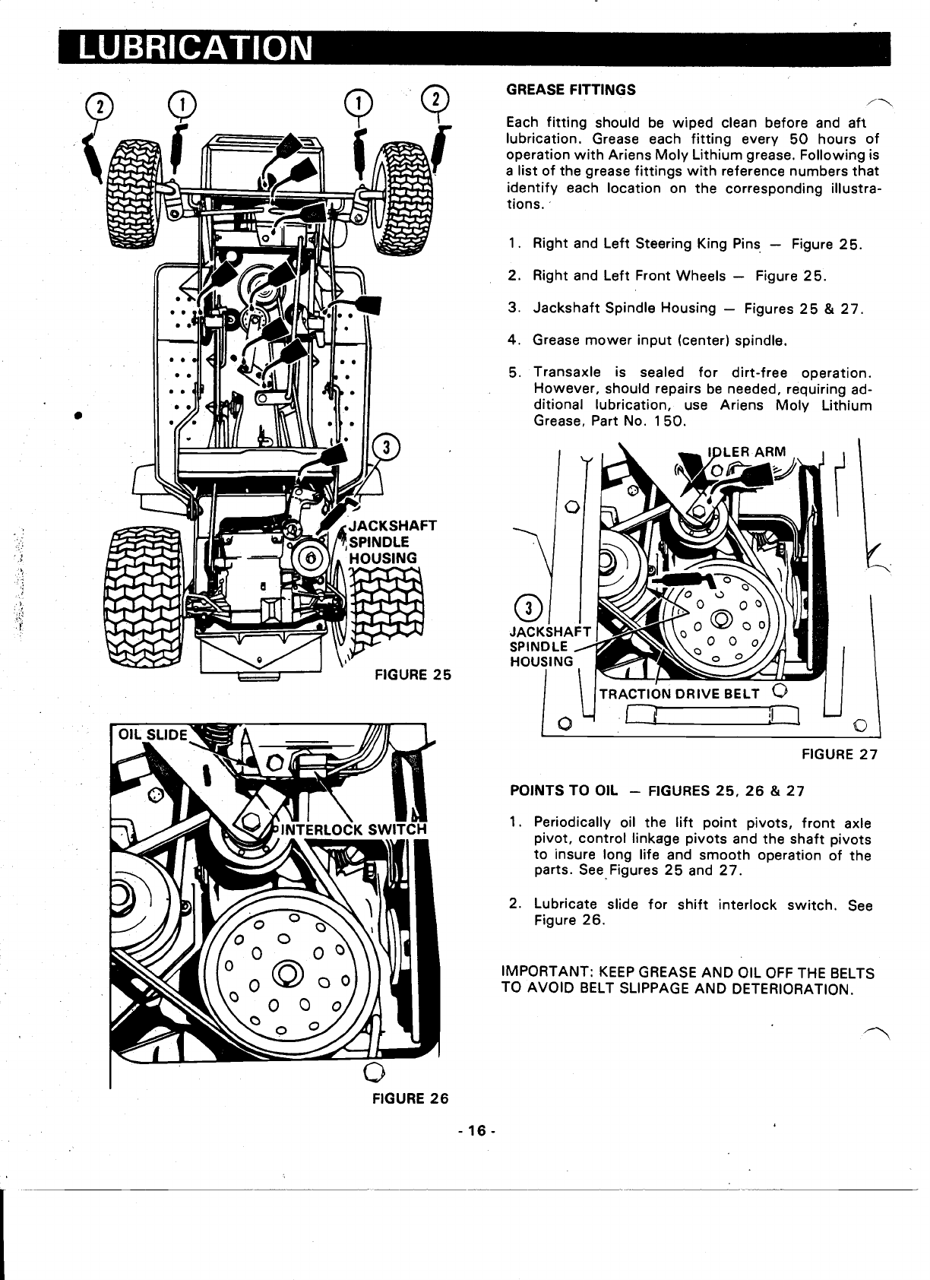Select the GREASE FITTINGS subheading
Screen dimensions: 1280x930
coord(571,90)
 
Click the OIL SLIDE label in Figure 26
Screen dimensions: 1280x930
coord(151,735)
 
